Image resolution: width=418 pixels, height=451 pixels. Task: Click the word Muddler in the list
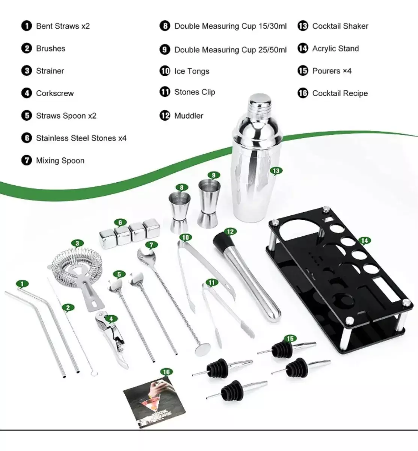coord(189,116)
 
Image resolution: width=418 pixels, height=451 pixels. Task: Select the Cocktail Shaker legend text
coord(340,26)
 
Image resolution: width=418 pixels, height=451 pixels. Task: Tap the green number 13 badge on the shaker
coord(276,171)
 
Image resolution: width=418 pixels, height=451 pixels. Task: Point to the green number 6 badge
coord(120,222)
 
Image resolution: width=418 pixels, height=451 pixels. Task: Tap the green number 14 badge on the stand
coord(364,241)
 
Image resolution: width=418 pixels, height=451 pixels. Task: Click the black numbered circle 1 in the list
coord(26,26)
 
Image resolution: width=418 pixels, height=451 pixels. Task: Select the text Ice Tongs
coord(192,71)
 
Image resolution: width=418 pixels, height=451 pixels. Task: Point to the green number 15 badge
coord(290,339)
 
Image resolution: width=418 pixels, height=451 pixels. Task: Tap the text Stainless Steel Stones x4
coord(81,138)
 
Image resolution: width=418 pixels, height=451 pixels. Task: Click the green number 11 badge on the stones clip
coord(211,283)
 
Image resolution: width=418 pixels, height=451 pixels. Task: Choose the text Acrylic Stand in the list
coord(335,48)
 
